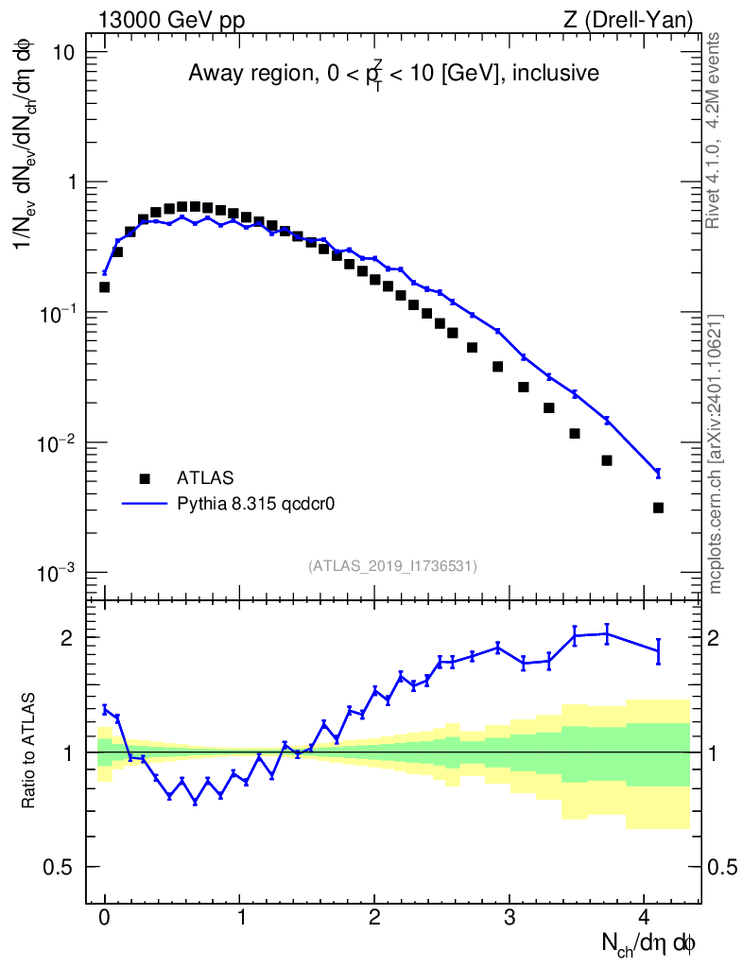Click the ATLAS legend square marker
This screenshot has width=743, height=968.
tap(144, 478)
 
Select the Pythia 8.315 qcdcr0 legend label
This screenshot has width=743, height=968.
tap(257, 504)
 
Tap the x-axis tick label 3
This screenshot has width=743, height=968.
tap(510, 916)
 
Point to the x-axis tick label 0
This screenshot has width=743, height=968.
tap(104, 916)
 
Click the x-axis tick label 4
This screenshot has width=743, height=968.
tap(644, 916)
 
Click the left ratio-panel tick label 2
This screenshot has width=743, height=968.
tap(82, 638)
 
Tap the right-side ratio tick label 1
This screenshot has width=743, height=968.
tap(716, 752)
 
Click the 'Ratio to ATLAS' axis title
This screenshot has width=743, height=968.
tap(30, 752)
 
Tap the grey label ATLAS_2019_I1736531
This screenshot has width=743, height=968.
tap(392, 565)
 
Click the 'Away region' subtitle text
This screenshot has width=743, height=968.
tap(393, 74)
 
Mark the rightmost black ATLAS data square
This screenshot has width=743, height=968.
tap(658, 508)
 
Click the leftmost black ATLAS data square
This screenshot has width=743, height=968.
tap(105, 286)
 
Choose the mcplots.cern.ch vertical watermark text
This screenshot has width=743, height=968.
tap(716, 454)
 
